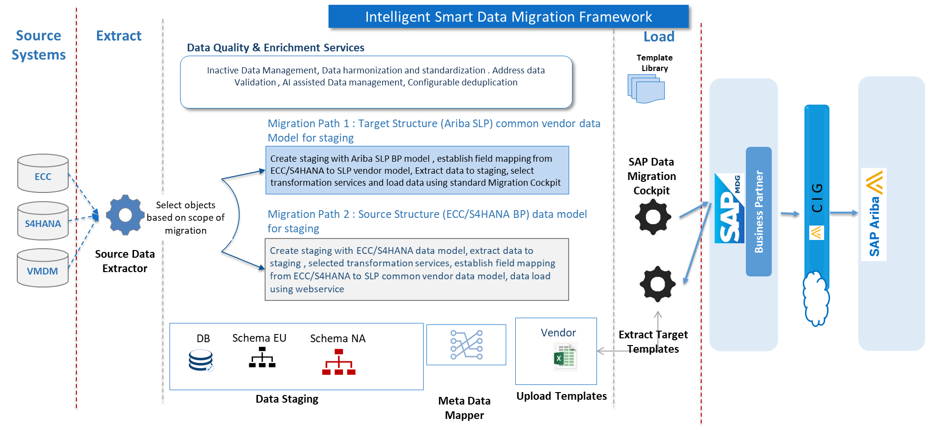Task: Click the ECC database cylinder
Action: pos(43,173)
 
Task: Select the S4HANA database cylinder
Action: pos(43,221)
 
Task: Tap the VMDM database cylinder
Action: pos(43,268)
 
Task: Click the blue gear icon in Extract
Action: pos(124,215)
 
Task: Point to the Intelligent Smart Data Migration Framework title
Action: pos(508,17)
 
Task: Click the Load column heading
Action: pos(658,37)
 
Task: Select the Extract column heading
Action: pos(119,36)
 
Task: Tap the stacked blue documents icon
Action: pos(646,89)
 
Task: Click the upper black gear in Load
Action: pos(653,217)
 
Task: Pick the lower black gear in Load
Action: pos(657,284)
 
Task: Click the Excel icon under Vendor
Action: pos(565,358)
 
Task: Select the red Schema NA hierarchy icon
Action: pos(339,362)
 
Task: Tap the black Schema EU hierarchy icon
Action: pos(262,358)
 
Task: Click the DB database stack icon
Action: pos(201,360)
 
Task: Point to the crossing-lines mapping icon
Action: pos(466,345)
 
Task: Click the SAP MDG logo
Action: pos(729,209)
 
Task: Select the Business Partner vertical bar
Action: pos(758,212)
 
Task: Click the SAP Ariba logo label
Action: pos(874,215)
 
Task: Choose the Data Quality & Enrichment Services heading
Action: pos(275,48)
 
